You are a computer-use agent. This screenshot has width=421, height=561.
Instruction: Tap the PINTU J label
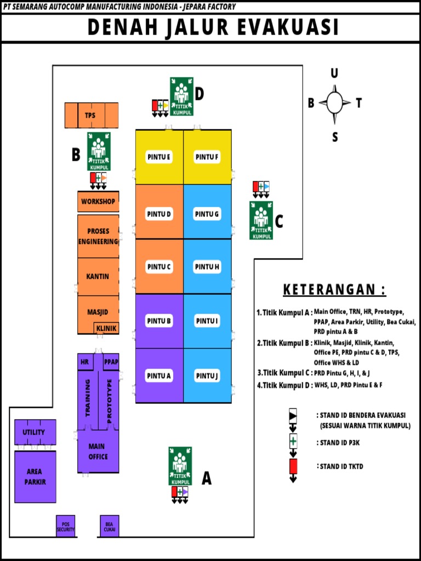(207, 376)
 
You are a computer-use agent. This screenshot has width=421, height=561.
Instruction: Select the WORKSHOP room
(98, 202)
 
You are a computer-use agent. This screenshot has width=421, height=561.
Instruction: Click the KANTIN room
(98, 277)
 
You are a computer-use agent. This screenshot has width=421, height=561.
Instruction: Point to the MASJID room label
(98, 312)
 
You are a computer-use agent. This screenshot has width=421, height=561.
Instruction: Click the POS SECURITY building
(66, 526)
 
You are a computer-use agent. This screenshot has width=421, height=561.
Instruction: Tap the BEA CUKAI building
(109, 526)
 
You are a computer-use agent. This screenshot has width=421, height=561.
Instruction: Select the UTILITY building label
(34, 432)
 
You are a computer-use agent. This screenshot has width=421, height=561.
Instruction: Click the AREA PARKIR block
(35, 477)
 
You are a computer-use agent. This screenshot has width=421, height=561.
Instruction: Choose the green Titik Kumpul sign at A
(180, 466)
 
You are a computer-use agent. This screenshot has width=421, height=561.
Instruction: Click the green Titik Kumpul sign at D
(181, 96)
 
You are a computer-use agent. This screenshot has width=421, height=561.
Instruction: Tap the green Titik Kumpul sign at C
(261, 220)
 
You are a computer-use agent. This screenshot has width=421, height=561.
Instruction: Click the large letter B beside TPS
(76, 156)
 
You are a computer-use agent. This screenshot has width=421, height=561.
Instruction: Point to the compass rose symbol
(334, 102)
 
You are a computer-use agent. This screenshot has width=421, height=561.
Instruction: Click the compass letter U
(334, 73)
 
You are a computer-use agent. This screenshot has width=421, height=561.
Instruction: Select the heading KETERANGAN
(334, 289)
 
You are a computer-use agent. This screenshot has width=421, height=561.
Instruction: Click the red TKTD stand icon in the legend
(293, 467)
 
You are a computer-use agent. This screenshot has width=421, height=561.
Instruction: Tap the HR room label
(84, 362)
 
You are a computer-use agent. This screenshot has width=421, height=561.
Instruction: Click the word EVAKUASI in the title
(287, 27)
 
